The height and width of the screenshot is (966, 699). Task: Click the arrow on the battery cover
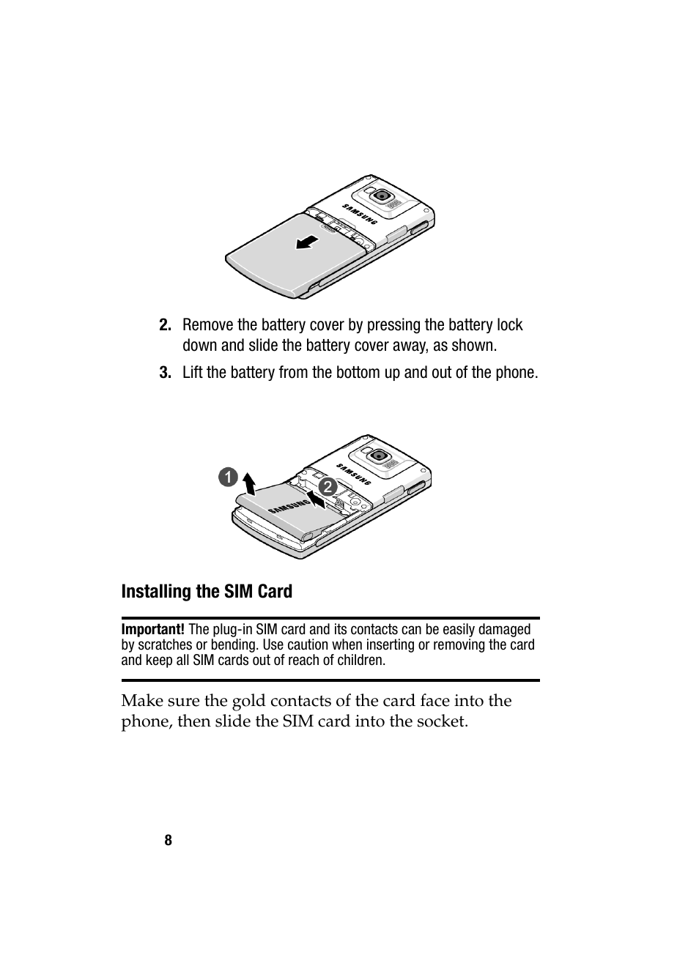tap(308, 242)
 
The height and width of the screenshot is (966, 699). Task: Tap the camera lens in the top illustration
tap(382, 196)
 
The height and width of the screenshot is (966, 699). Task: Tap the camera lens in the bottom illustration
tap(379, 456)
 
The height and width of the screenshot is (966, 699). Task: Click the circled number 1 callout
tap(228, 478)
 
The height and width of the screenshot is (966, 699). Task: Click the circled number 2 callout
tap(327, 486)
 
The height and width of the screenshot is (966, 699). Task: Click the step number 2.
tap(165, 325)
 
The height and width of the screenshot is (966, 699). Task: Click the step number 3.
tap(165, 373)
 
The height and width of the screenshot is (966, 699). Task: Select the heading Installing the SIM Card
tap(207, 591)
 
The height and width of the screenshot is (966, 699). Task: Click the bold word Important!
tap(152, 629)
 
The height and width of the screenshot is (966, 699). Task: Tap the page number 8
tap(168, 840)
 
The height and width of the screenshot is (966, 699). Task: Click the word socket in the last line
tap(441, 721)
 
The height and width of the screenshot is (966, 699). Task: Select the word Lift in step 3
tap(193, 373)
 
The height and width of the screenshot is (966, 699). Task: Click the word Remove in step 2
tap(208, 325)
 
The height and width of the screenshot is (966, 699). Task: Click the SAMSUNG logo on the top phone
tap(360, 211)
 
